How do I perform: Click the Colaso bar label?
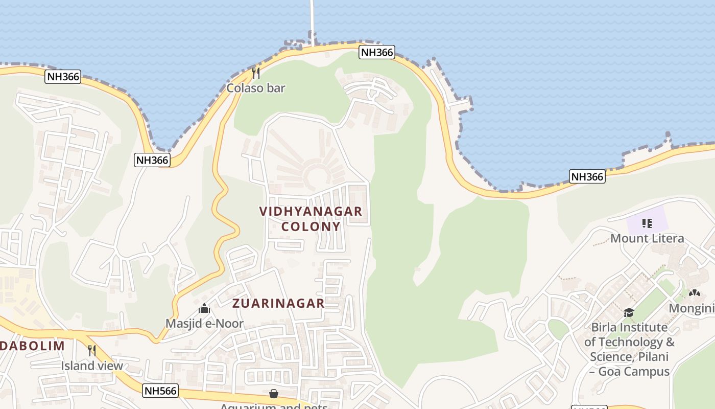point(255,88)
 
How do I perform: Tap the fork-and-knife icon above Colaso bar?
point(256,73)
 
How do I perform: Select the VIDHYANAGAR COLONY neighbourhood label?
point(311,219)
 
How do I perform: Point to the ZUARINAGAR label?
point(278,303)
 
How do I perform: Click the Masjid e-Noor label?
point(204,324)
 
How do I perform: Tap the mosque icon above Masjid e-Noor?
point(204,309)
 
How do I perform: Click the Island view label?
point(92,366)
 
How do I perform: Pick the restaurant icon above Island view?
point(92,351)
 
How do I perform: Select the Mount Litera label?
point(647,238)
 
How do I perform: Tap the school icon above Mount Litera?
point(647,223)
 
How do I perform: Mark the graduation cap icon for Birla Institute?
point(629,312)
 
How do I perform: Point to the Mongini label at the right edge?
point(692,308)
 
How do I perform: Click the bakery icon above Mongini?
point(694,293)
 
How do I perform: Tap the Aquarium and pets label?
point(274,406)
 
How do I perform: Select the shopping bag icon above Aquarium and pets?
point(274,393)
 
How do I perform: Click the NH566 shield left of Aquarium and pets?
point(160,391)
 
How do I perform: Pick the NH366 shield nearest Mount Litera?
point(587,177)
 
